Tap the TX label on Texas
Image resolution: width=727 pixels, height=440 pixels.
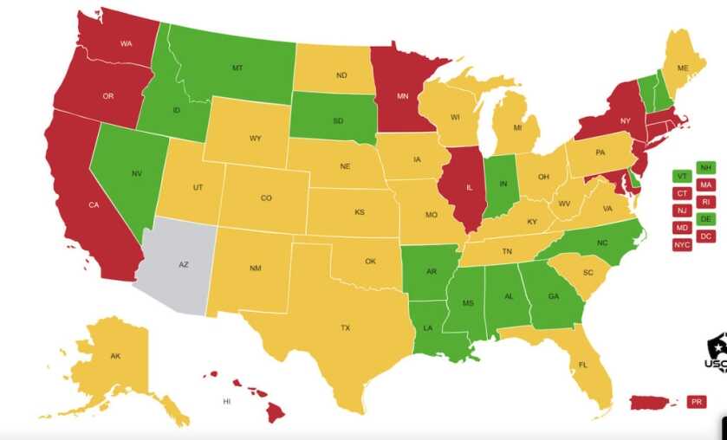(x=345, y=328)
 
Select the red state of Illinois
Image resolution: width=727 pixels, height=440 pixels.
(x=458, y=186)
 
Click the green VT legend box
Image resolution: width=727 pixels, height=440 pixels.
(x=682, y=176)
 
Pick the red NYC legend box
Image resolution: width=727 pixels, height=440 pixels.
(x=682, y=244)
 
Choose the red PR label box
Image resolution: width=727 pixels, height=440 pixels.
(x=697, y=402)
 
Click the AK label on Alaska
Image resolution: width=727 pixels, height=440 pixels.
(x=115, y=356)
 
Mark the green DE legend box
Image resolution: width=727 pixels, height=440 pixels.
(x=706, y=219)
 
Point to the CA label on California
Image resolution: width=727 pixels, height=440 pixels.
(x=94, y=206)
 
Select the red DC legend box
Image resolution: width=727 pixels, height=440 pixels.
(x=706, y=236)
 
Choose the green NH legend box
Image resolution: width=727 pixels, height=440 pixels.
(x=706, y=167)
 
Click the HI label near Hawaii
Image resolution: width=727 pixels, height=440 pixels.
(x=226, y=402)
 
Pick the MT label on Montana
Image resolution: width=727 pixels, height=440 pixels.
(x=237, y=68)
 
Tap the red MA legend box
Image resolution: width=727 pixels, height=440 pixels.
(x=706, y=184)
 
